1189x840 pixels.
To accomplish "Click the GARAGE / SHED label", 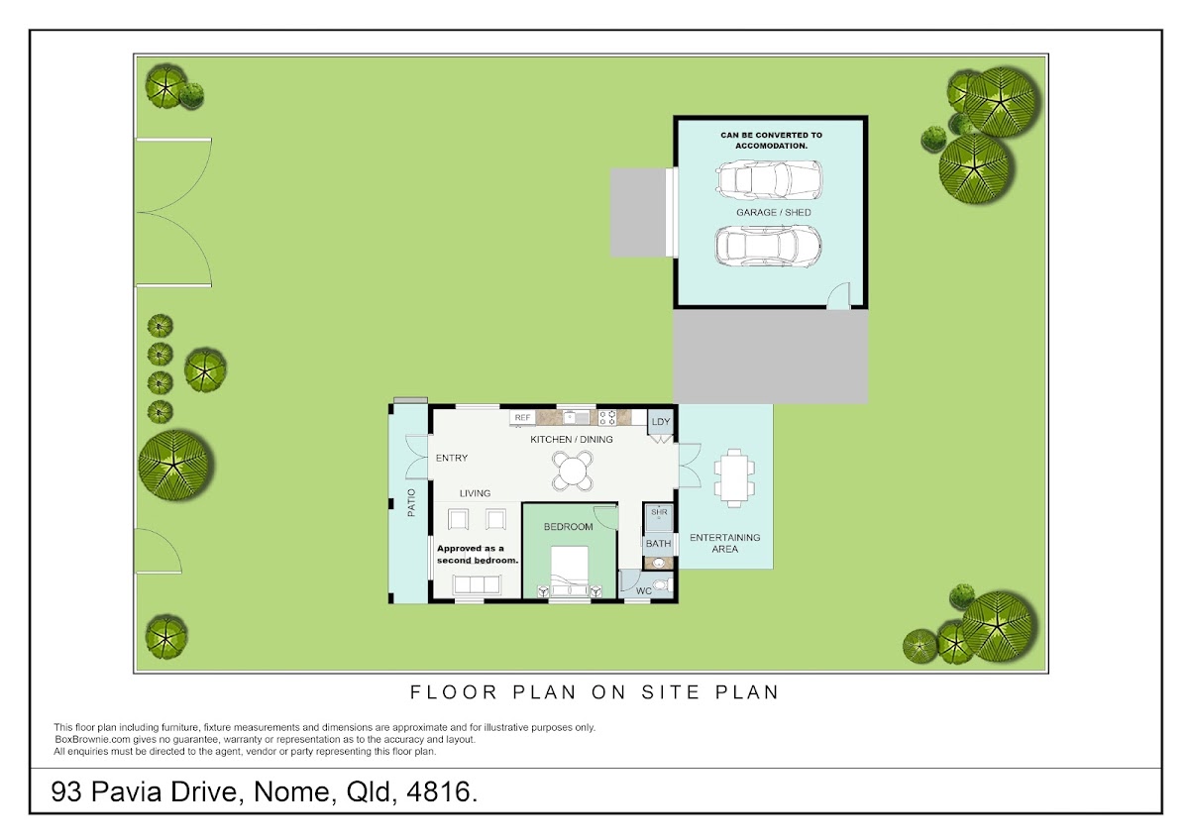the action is click(774, 212).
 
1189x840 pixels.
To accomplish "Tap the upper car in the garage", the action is click(769, 179).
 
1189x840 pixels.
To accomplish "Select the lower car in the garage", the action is click(768, 246).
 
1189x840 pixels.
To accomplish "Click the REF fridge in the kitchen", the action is click(522, 418).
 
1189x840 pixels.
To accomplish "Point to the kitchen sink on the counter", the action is click(576, 418).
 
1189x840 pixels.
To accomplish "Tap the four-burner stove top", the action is click(607, 418).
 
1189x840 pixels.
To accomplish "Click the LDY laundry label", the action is click(660, 422).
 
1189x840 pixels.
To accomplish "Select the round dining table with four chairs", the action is click(572, 471).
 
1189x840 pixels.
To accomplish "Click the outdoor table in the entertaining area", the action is click(734, 478).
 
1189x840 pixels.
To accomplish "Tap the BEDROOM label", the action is click(568, 527).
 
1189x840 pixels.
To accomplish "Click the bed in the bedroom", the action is click(570, 572).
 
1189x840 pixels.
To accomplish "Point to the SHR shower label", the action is click(659, 512).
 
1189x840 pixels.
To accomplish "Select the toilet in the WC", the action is click(663, 585).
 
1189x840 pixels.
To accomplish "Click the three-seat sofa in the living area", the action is click(477, 584).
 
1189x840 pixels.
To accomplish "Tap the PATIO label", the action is click(411, 502).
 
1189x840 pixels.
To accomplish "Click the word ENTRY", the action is click(451, 458).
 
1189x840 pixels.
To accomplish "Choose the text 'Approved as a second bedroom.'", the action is click(478, 554).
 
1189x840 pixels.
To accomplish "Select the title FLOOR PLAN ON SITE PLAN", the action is click(594, 692).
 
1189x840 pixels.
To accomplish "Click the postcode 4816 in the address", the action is click(442, 791).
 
